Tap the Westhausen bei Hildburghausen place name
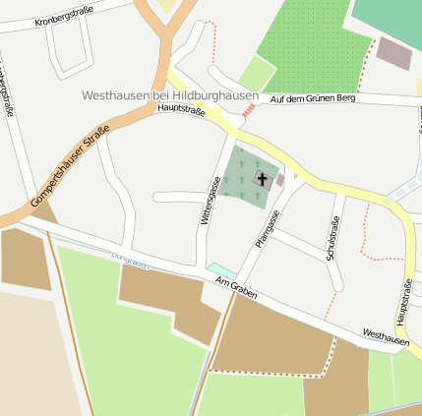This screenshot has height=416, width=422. pos(172,96)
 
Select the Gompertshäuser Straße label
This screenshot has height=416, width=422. pos(69,169)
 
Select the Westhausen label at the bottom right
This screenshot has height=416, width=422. pos(386,337)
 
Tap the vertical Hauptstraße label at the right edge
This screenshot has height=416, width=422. pos(404,301)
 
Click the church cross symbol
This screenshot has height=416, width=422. pos(263,178)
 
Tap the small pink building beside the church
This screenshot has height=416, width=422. pos(280,180)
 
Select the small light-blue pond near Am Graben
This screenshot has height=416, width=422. pos(221,268)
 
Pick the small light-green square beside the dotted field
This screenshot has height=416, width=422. pos(258,73)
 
